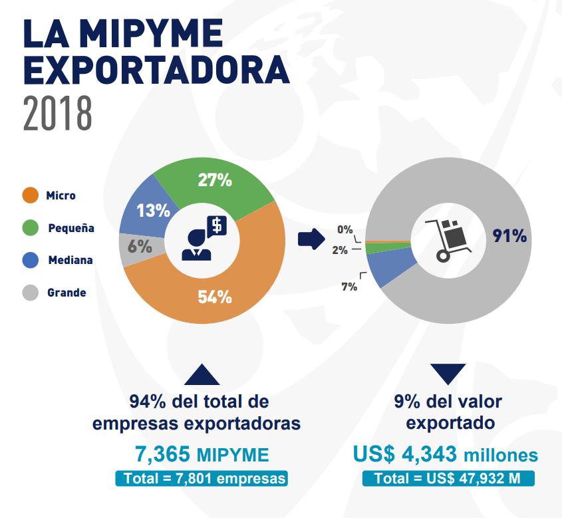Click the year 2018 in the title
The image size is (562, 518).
pos(57,113)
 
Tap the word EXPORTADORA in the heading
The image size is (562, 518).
pos(156,70)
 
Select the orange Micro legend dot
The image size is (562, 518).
pos(31,195)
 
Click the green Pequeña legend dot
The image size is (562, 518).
pos(31,228)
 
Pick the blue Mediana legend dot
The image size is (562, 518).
pos(31,260)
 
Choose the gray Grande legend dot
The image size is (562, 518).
pos(31,292)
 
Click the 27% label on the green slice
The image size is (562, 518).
pos(214,180)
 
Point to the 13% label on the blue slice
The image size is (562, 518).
pos(153,211)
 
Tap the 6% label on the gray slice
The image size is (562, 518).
pos(140,245)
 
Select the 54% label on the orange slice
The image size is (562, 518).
pos(214,297)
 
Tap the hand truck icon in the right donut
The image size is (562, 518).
pos(448,239)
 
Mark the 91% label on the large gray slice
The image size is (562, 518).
pos(509,236)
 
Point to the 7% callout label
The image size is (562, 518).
pos(349,287)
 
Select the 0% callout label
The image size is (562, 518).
pos(345,229)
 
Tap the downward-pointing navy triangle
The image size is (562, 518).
pos(448,374)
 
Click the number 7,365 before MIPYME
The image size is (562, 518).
pos(163,455)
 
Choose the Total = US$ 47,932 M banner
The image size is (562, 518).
pos(448,479)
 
